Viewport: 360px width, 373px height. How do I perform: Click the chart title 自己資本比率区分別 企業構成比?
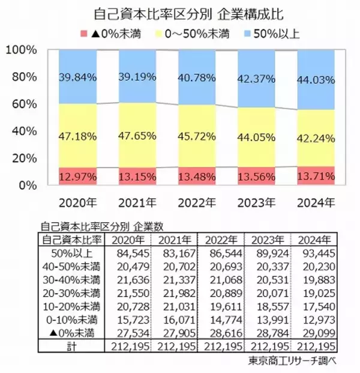click(x=181, y=13)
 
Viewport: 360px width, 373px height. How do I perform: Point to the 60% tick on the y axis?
click(x=23, y=104)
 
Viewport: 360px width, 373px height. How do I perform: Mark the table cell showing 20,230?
click(x=314, y=266)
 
